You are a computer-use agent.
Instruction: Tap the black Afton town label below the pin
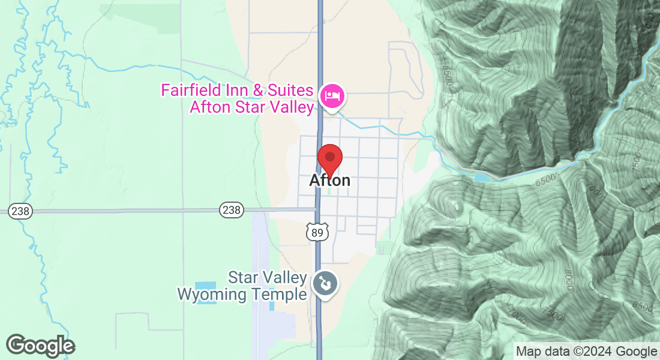coord(329,180)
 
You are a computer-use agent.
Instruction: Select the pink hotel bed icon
coord(331,96)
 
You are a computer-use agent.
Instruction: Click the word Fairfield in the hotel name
coord(190,91)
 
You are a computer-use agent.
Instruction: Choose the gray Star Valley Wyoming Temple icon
coord(326,284)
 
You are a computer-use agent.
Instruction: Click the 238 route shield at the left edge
coord(20,211)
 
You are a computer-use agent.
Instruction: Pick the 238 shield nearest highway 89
coord(232,210)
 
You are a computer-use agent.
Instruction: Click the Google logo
coord(40,346)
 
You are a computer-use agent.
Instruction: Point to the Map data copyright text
coord(586,351)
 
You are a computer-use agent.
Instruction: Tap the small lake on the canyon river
coord(482,178)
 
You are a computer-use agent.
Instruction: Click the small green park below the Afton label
coord(329,192)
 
